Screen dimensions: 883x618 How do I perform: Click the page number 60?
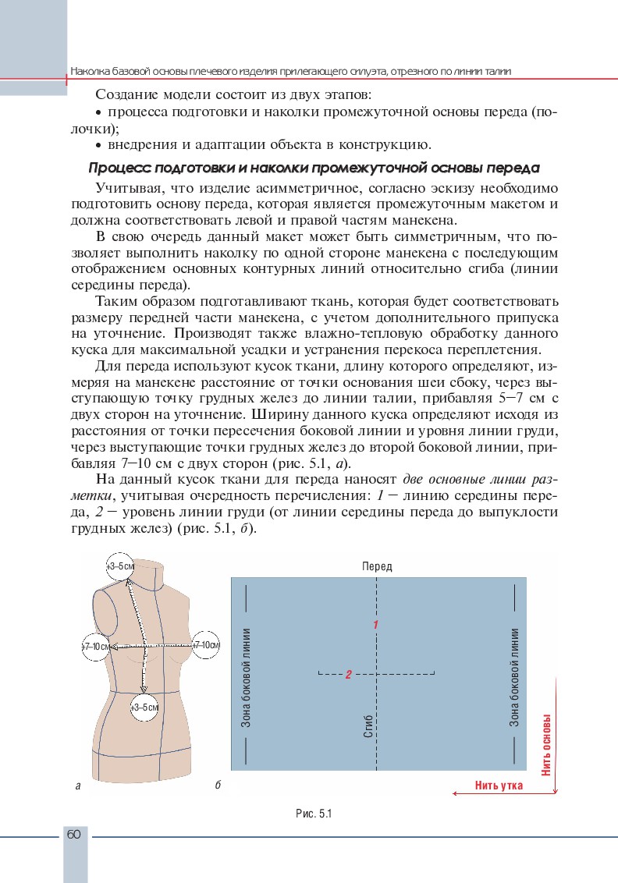click(x=73, y=835)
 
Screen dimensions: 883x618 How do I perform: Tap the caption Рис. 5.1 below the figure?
click(x=314, y=814)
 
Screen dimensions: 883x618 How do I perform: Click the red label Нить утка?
click(x=499, y=785)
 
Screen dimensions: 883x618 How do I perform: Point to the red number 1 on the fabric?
click(x=375, y=625)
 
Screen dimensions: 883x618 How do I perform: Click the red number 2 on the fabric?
click(x=349, y=675)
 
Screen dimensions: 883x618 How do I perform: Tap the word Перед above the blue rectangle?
click(x=377, y=566)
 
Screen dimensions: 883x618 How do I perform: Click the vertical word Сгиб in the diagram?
click(x=368, y=725)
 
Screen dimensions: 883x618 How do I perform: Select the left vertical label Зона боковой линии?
click(x=245, y=677)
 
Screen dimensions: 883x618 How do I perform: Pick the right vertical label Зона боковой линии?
click(x=515, y=677)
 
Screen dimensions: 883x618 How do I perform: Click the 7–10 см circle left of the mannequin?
click(x=97, y=647)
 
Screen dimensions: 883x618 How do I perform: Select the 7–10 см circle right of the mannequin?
click(x=207, y=645)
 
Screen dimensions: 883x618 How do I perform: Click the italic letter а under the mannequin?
click(x=78, y=786)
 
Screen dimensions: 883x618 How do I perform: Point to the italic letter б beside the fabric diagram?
click(x=217, y=785)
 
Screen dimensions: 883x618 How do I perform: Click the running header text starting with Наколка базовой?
click(x=290, y=71)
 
